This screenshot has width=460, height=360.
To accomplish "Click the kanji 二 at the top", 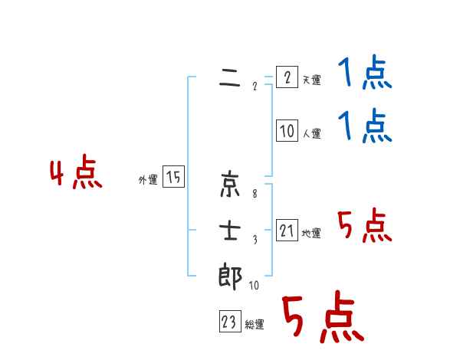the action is [x=231, y=79].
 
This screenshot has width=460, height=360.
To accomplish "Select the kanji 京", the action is [x=231, y=184].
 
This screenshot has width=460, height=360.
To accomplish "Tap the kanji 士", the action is [x=231, y=231].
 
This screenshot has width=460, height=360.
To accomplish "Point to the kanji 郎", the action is [x=231, y=277].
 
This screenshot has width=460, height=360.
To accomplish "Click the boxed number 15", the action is [x=173, y=178].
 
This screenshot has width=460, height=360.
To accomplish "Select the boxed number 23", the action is [x=229, y=322].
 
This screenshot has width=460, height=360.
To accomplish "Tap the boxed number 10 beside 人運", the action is [x=287, y=132].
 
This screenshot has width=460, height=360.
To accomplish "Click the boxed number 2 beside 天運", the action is [x=287, y=78].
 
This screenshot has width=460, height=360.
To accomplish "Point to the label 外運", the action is [x=148, y=180].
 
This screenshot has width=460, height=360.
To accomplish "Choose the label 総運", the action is [x=255, y=325].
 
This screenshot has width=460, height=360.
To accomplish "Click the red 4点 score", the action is [x=76, y=175].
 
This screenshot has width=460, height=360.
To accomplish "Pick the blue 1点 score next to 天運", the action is [x=364, y=75].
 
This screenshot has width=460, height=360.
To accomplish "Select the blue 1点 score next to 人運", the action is [x=364, y=127].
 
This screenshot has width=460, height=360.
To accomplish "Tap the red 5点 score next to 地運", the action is [x=364, y=227].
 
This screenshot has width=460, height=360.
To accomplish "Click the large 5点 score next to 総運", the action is [x=322, y=319].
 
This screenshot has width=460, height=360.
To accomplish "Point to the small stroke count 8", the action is [x=255, y=193].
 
